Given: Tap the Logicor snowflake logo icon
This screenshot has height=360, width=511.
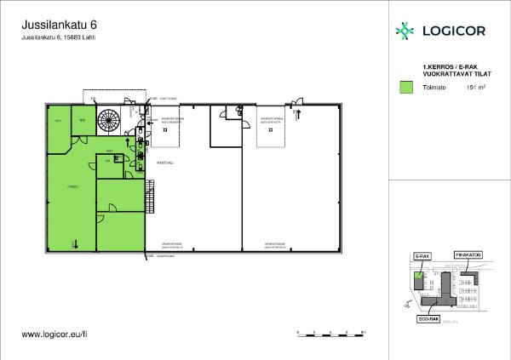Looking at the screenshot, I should (404, 31).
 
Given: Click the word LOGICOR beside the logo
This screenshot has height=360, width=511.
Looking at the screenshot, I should (451, 32).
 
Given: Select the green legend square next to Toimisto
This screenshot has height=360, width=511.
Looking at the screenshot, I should (406, 87).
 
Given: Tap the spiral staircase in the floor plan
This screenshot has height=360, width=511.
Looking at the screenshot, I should (109, 122).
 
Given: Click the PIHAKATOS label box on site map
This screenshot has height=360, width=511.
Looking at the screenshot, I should (468, 254).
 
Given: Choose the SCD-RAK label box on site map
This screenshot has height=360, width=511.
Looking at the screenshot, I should (428, 319).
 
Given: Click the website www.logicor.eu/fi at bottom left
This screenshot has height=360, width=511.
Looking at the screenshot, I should (55, 335).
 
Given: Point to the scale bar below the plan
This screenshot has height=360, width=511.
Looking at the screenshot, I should (327, 334).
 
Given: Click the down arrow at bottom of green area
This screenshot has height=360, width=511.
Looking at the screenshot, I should (76, 245).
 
